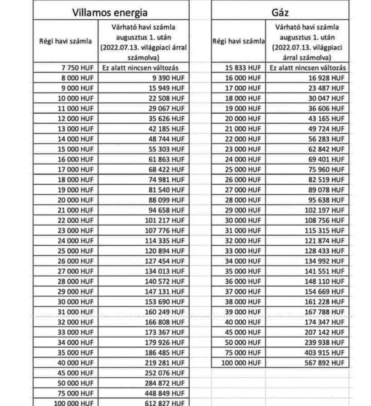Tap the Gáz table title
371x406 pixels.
(x=281, y=13)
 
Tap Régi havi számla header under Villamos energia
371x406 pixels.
(x=65, y=41)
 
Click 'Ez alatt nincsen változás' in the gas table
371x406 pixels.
(x=308, y=68)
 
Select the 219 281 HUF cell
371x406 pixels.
(x=165, y=362)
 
